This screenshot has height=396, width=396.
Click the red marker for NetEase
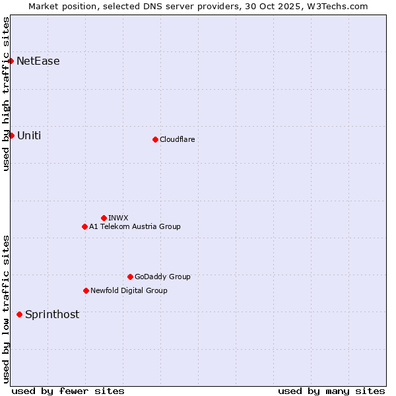click(11, 61)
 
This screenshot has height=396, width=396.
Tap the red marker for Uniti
click(11, 135)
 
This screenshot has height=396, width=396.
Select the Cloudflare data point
click(155, 139)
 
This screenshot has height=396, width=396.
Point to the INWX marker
click(104, 218)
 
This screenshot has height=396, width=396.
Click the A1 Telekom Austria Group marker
click(84, 226)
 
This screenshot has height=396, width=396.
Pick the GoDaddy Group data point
click(130, 277)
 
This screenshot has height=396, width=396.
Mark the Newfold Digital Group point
click(86, 290)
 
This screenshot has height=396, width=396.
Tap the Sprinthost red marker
click(19, 314)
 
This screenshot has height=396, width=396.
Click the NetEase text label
click(38, 61)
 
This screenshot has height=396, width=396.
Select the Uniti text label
click(29, 135)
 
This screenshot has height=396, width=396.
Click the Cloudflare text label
click(178, 139)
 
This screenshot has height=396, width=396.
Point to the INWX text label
click(119, 218)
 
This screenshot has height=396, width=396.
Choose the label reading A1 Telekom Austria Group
click(135, 226)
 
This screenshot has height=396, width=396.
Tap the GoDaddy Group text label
click(162, 277)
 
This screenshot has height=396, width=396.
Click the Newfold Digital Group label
click(129, 290)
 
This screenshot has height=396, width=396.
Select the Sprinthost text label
click(52, 314)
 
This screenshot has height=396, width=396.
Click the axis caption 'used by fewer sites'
click(68, 391)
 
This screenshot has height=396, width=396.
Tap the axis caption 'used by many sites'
click(331, 391)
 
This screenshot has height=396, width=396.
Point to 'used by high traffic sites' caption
click(6, 94)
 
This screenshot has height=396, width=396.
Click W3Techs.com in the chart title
click(339, 6)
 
